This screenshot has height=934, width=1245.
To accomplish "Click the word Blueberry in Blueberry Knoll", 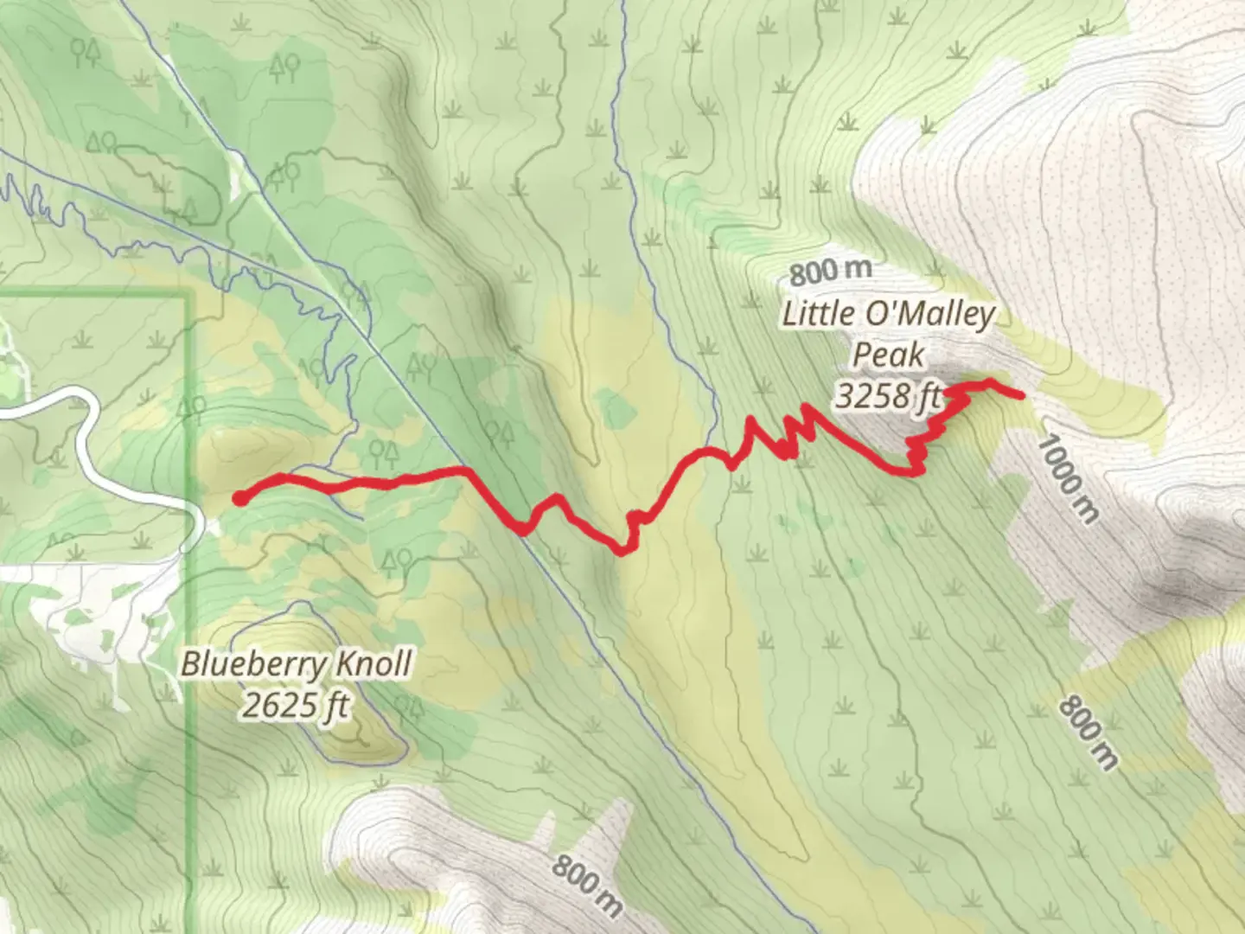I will tap(255, 665).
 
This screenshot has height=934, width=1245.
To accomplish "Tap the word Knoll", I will tap(373, 663).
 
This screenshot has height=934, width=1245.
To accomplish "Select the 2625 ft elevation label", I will tap(295, 706).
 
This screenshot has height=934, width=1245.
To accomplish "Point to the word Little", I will tap(818, 313).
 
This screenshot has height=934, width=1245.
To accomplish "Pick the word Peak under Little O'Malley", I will tap(888, 355).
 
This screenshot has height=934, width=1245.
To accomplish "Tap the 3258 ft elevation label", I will tap(888, 396).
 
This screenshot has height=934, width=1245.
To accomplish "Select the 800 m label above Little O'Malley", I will tap(830, 272).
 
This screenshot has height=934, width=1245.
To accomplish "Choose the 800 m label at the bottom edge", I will tap(588, 885).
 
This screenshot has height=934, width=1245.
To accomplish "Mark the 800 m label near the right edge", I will tap(1089, 732).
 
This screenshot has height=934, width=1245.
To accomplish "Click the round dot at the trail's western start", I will tap(240, 498).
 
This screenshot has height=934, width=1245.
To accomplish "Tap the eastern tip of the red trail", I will tap(1022, 396).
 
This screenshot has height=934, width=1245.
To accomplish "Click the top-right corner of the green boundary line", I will tap(187, 297).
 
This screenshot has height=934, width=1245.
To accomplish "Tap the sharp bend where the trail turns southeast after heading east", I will tap(465, 470).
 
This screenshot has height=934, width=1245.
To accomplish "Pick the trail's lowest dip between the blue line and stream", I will tap(620, 551).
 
